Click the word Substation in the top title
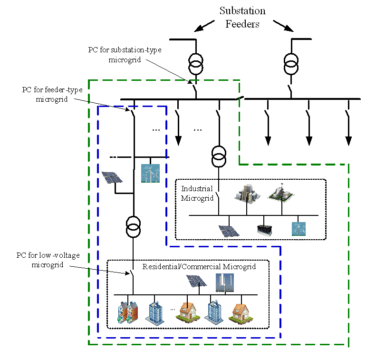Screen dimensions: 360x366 click(x=242, y=10)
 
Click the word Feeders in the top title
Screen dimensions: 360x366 click(x=242, y=24)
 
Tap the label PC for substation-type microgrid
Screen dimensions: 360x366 click(x=125, y=55)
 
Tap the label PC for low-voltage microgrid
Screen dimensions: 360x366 click(x=48, y=260)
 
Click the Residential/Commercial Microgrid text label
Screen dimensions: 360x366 click(x=199, y=267)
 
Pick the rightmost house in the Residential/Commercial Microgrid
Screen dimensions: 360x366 click(x=239, y=313)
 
